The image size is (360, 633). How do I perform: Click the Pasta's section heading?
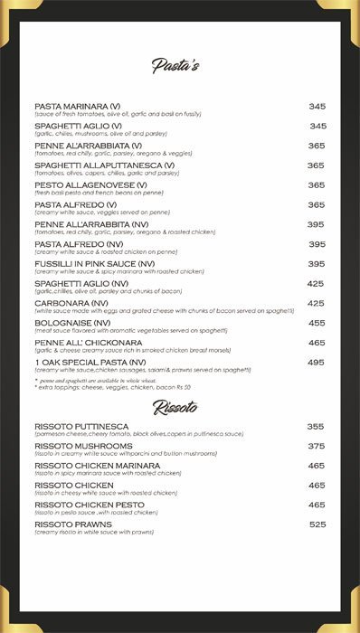175,66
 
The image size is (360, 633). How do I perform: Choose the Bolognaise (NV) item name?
73,323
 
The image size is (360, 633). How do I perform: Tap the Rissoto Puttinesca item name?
81,426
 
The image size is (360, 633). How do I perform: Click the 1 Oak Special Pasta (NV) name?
90,362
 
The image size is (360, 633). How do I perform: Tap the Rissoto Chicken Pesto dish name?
90,505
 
